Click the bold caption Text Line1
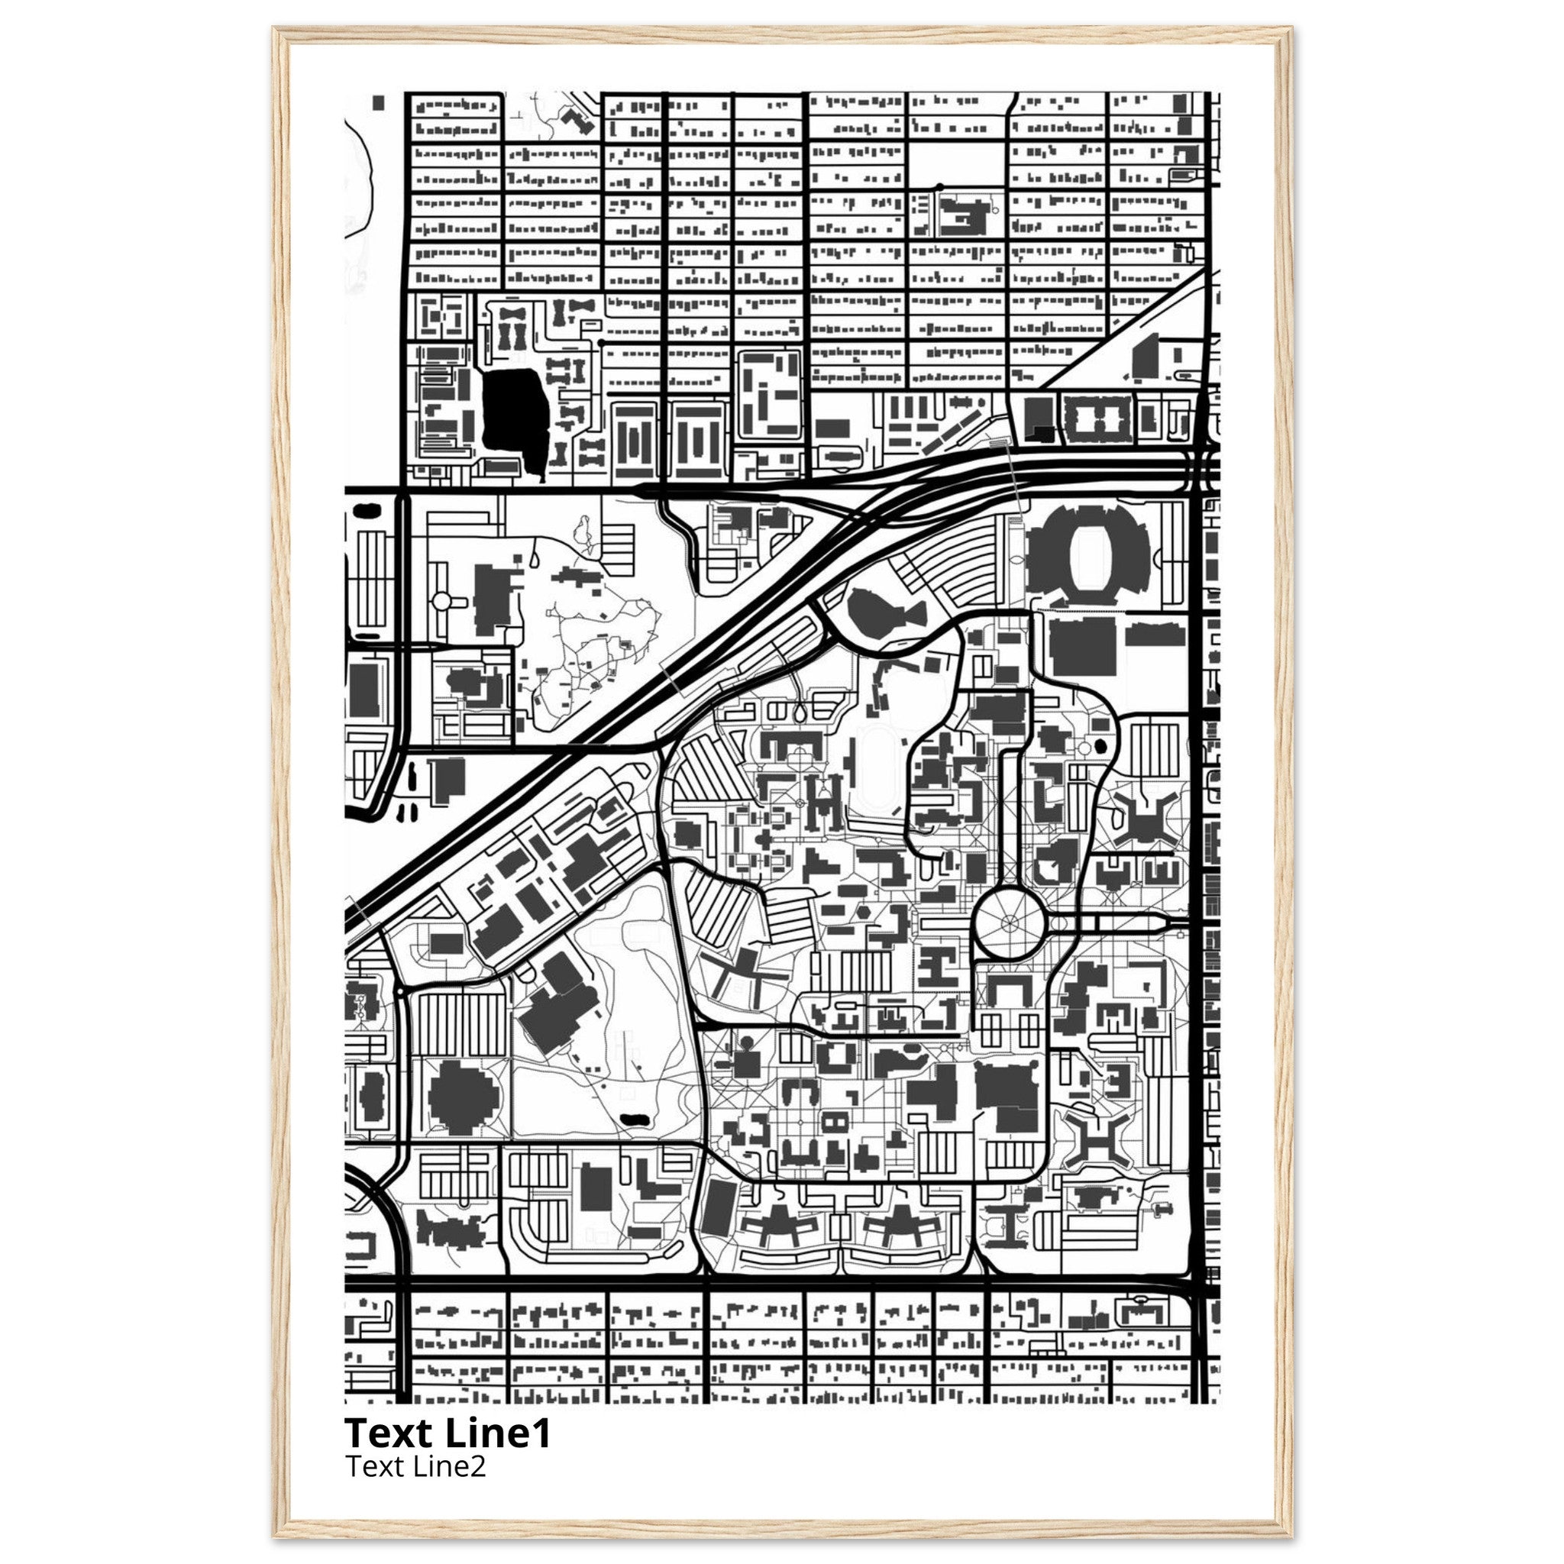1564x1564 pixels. coord(448,1433)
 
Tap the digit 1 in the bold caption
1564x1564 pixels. coord(541,1433)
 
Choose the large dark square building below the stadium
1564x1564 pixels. coord(1082,647)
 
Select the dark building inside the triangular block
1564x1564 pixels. coord(1145,355)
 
